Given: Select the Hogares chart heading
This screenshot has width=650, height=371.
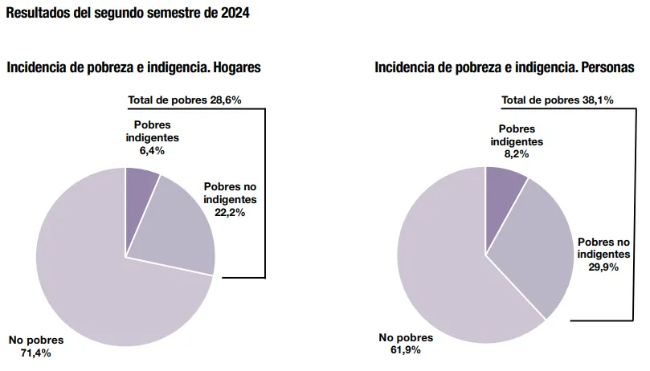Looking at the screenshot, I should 133,67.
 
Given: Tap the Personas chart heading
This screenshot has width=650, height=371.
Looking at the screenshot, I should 504,67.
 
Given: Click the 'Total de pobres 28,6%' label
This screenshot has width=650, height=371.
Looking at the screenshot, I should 185,100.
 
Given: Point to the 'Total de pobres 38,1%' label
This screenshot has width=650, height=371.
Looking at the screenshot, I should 558,100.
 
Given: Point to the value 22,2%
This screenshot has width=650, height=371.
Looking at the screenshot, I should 230,212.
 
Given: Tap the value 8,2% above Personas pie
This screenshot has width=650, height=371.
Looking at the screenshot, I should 517,154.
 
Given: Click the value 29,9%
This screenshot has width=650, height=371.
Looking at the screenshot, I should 603,267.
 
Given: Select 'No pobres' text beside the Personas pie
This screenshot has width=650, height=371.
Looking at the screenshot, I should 406,338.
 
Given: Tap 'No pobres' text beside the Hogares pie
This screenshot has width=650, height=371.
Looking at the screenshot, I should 36,340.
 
